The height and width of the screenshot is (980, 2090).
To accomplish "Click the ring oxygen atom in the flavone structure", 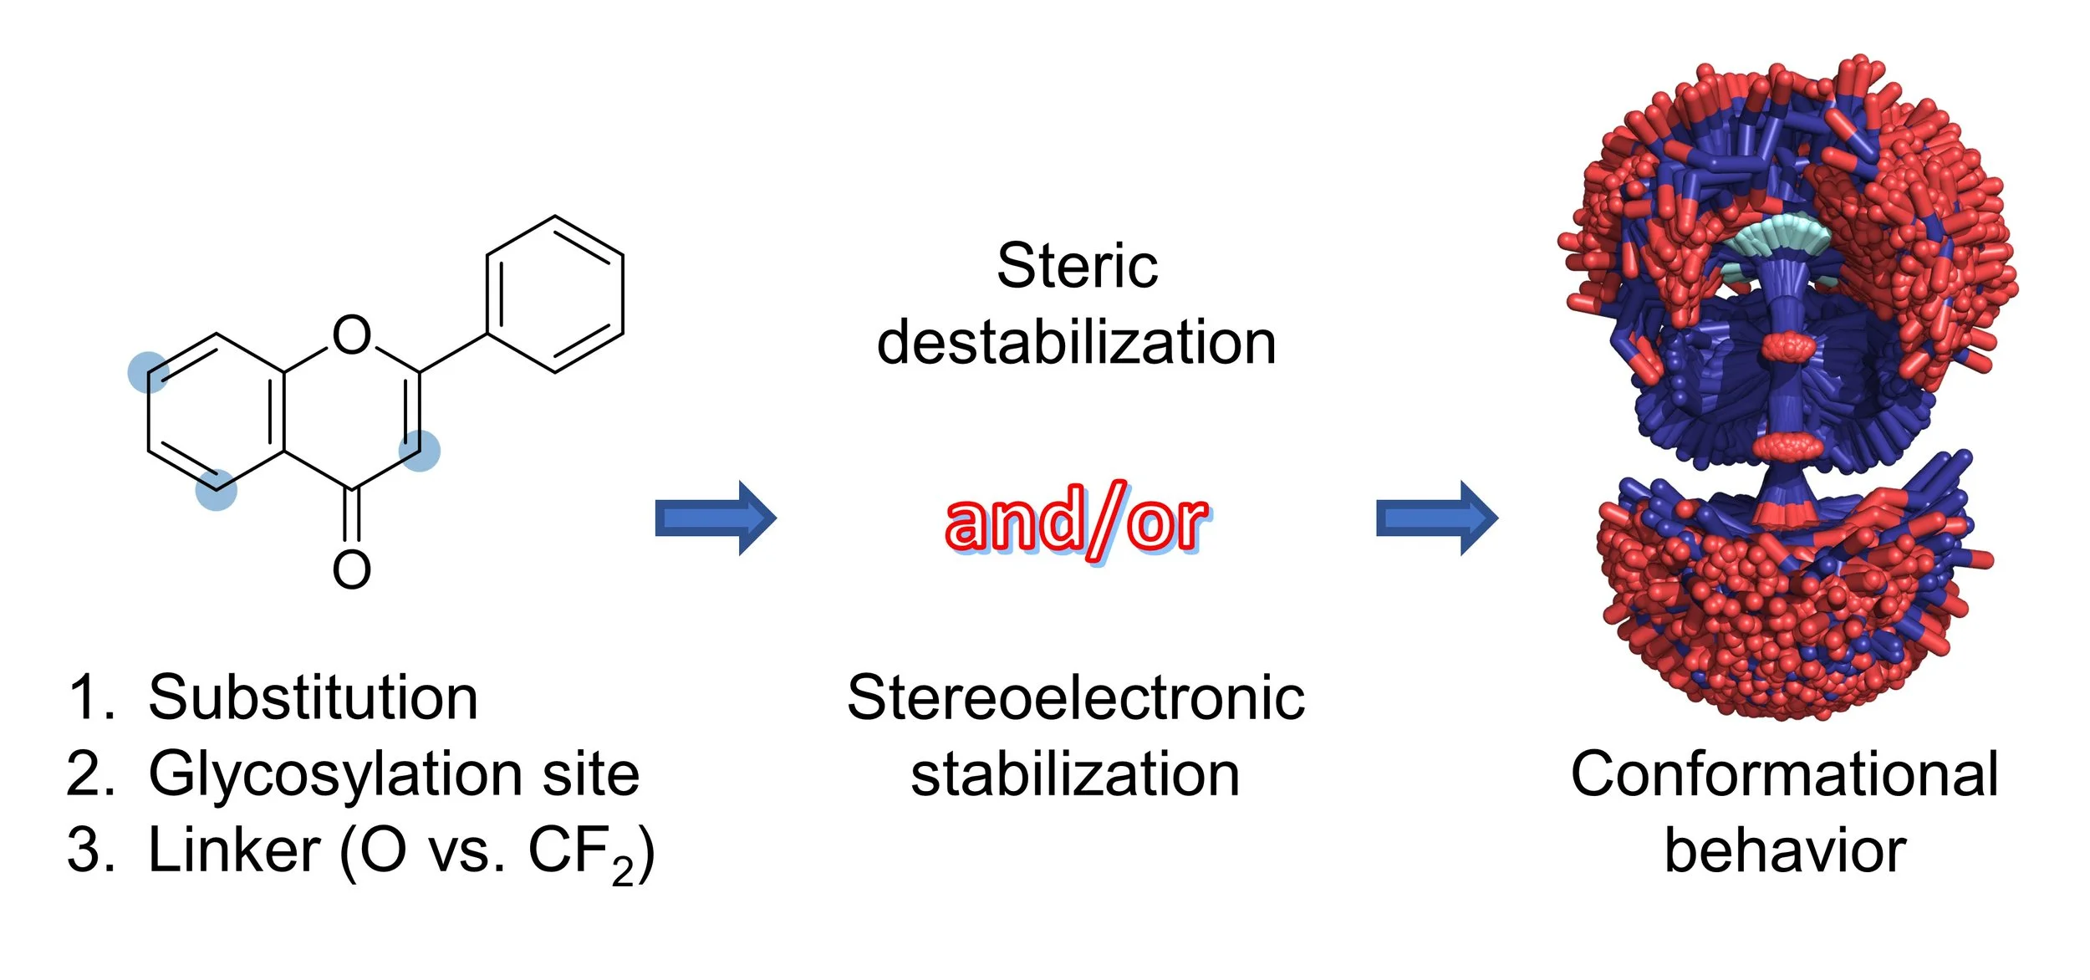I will pyautogui.click(x=351, y=334).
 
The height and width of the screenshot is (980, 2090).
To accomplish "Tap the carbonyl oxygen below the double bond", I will pyautogui.click(x=351, y=570).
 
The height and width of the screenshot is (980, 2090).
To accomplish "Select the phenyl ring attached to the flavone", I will pyautogui.click(x=555, y=293).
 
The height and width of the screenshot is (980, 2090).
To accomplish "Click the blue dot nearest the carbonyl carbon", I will pyautogui.click(x=419, y=451).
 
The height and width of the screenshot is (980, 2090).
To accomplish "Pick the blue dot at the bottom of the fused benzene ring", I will pyautogui.click(x=216, y=490).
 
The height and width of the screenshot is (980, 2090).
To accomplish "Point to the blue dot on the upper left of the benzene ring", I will pyautogui.click(x=148, y=372).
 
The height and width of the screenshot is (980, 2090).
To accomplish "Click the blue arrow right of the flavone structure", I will pyautogui.click(x=716, y=518).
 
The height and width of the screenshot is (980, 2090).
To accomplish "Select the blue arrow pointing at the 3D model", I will pyautogui.click(x=1437, y=518).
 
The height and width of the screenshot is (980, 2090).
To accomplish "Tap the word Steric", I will pyautogui.click(x=1077, y=266).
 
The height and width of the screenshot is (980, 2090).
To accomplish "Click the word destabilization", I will pyautogui.click(x=1077, y=343).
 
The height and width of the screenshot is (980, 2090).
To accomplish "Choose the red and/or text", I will pyautogui.click(x=1077, y=520).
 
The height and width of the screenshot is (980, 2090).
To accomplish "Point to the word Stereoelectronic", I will pyautogui.click(x=1076, y=697).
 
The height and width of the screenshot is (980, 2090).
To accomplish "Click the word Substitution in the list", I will pyautogui.click(x=313, y=697).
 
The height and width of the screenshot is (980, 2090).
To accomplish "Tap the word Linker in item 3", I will pyautogui.click(x=234, y=851).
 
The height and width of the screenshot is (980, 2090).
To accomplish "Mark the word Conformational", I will pyautogui.click(x=1784, y=774).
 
